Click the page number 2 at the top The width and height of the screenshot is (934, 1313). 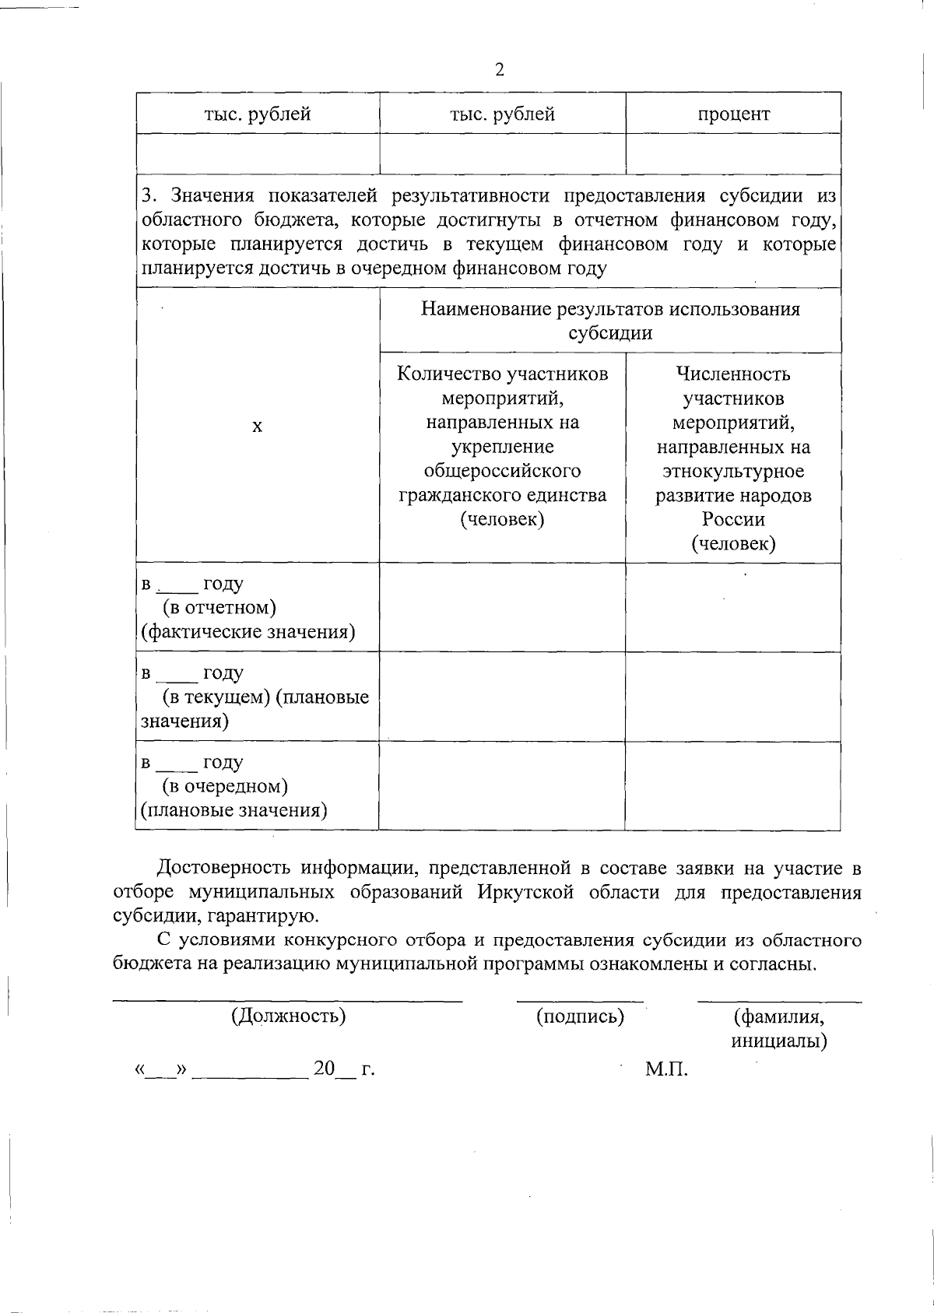tap(500, 70)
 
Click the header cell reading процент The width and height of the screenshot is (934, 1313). tap(733, 114)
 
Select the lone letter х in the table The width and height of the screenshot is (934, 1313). tap(258, 427)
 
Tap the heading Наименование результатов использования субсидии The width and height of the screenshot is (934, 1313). tap(610, 321)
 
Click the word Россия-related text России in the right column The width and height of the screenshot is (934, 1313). tap(733, 519)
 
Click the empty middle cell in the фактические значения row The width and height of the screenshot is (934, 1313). tap(502, 608)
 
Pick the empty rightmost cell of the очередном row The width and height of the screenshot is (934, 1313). tap(732, 786)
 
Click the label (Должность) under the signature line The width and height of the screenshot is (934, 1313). tap(288, 1016)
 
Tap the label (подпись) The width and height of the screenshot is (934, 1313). tap(580, 1016)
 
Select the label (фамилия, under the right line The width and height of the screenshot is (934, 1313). tap(779, 1016)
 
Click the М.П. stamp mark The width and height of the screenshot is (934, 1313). tap(667, 1069)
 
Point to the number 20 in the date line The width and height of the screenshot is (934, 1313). tap(323, 1069)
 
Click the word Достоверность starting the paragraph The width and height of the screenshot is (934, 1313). tap(223, 868)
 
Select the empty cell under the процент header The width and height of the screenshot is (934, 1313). tap(733, 153)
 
